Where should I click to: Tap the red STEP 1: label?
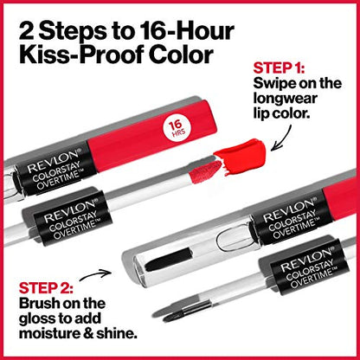[280, 67]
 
